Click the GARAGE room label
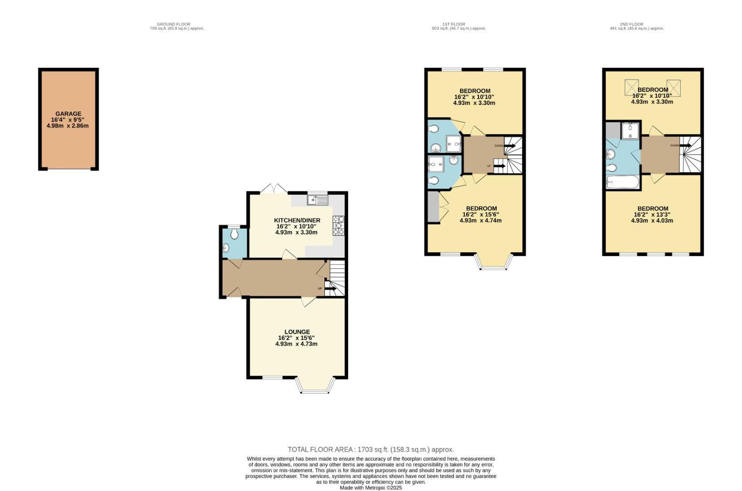[x=68, y=114]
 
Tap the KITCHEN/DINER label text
[x=297, y=220]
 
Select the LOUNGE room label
[x=297, y=332]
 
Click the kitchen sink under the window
[x=317, y=200]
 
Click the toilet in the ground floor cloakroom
[x=234, y=234]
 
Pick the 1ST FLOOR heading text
[x=453, y=25]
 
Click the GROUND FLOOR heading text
[x=174, y=25]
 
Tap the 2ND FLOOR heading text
[x=632, y=25]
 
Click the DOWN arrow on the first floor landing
[x=509, y=146]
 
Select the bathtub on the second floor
[x=622, y=183]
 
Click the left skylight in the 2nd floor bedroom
[x=631, y=86]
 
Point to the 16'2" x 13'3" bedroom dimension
[x=652, y=215]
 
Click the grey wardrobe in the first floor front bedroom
[x=433, y=207]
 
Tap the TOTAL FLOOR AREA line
[x=371, y=450]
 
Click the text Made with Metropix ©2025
[x=371, y=488]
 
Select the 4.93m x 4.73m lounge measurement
[x=296, y=344]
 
